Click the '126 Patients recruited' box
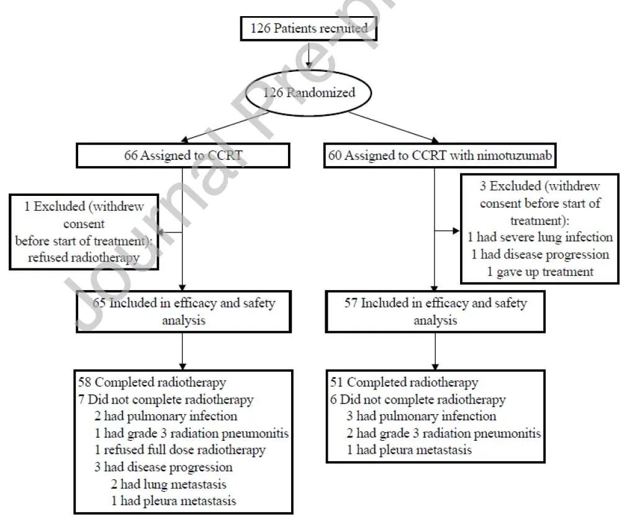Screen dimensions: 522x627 309,28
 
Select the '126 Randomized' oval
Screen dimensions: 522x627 309,93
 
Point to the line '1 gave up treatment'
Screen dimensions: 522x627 539,271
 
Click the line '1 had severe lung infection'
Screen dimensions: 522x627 539,237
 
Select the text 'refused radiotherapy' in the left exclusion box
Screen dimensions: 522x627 83,258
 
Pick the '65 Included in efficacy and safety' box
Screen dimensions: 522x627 182,312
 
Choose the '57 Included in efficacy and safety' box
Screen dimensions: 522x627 435,312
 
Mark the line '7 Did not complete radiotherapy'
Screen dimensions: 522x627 166,399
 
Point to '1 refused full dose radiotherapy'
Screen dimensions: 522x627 180,449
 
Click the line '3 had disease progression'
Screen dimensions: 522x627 163,467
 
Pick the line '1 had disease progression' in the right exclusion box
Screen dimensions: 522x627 539,254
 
